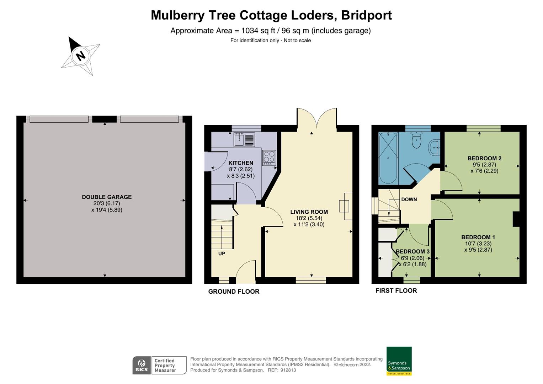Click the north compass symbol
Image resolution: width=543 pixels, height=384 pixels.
[x=80, y=56]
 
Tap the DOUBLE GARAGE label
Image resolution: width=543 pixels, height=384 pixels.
[x=107, y=197]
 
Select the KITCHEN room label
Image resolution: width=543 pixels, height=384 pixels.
[x=241, y=163]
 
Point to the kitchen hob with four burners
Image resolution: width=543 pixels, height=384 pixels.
[x=269, y=158]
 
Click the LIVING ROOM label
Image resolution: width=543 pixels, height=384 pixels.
[x=309, y=212]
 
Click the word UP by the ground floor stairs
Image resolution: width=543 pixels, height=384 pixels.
[x=222, y=254]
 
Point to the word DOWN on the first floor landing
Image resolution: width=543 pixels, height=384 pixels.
[x=409, y=199]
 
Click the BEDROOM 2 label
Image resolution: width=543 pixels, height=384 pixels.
[x=484, y=159]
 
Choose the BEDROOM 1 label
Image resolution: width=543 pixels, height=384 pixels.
[x=478, y=237]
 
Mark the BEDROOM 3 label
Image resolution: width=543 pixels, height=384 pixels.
[x=413, y=251]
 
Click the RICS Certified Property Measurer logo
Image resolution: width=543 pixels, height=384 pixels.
[x=159, y=365]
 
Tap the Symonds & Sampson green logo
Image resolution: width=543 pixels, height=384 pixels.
[x=399, y=361]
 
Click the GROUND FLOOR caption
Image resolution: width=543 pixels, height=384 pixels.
[x=234, y=292]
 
